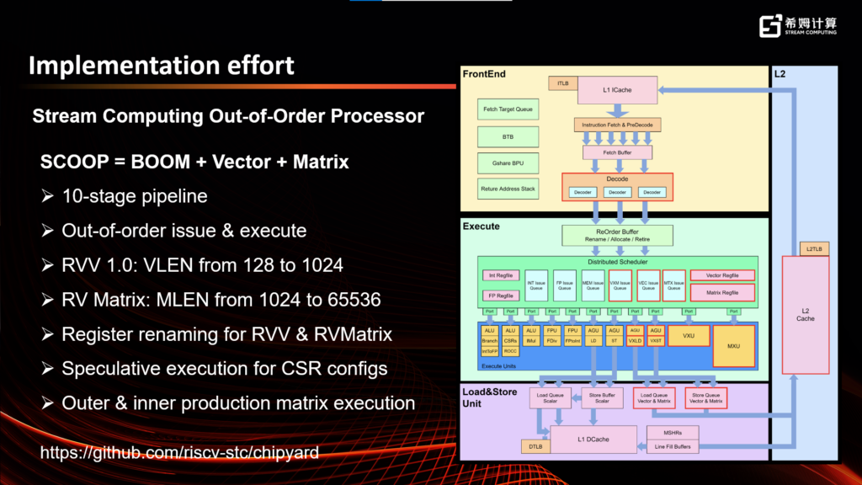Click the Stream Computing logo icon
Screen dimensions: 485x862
pyautogui.click(x=770, y=26)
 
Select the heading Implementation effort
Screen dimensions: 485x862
pyautogui.click(x=162, y=66)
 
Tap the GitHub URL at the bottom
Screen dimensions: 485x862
pyautogui.click(x=179, y=453)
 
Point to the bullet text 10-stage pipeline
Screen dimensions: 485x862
pyautogui.click(x=135, y=196)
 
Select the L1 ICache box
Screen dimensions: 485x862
pyautogui.click(x=617, y=90)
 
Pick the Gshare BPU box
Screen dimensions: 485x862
pyautogui.click(x=508, y=163)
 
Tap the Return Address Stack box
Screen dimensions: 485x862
pyautogui.click(x=508, y=189)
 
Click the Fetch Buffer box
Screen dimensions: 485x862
pyautogui.click(x=617, y=152)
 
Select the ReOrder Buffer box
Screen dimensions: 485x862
pyautogui.click(x=617, y=235)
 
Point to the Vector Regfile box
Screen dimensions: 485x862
pyautogui.click(x=722, y=275)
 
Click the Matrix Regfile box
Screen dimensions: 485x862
pyautogui.click(x=722, y=293)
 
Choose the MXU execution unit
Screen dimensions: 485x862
pyautogui.click(x=733, y=345)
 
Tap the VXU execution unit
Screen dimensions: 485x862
pyautogui.click(x=689, y=335)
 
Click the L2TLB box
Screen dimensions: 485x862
pyautogui.click(x=812, y=248)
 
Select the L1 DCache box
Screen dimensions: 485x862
pyautogui.click(x=592, y=438)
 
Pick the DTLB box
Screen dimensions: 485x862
pyautogui.click(x=535, y=446)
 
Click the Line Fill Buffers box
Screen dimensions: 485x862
pyautogui.click(x=673, y=446)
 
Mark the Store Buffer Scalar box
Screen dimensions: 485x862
pyautogui.click(x=602, y=397)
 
